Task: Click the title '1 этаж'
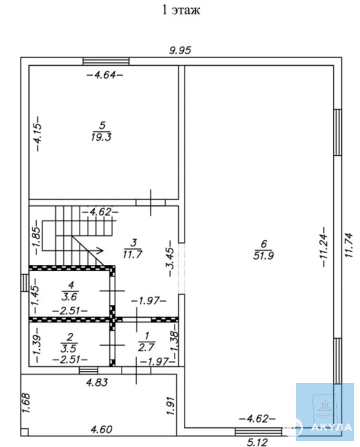pos(181,10)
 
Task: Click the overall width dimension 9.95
pos(180,51)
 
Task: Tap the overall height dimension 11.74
pos(348,246)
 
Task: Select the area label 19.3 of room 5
pos(101,137)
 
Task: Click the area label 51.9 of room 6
pos(263,256)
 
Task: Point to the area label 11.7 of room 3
pos(133,254)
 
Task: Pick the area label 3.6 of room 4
pos(69,296)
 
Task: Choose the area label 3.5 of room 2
pos(69,349)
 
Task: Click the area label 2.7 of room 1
pos(147,347)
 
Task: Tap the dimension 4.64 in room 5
pos(105,75)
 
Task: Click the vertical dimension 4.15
pos(37,133)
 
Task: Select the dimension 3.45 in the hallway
pos(170,258)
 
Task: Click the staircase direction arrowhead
pos(99,250)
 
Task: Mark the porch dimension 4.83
pos(97,382)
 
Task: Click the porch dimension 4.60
pos(101,430)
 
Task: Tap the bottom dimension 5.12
pos(257,442)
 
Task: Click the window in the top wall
pos(106,61)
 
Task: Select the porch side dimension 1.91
pos(171,405)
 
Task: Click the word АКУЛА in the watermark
pos(332,427)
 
